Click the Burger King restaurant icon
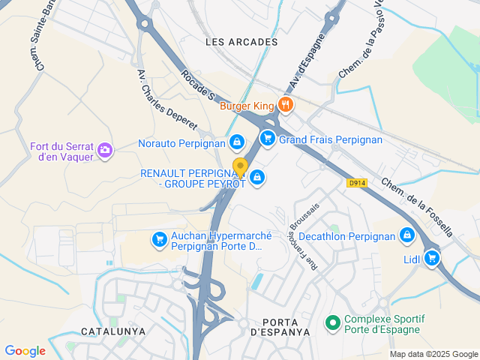(x=284, y=105)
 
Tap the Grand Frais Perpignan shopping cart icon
(x=268, y=138)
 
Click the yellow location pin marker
(x=240, y=166)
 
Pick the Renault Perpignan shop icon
(x=257, y=177)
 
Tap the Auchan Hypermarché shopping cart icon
(x=159, y=239)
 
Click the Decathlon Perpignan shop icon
(x=406, y=235)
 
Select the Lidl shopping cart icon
(x=431, y=258)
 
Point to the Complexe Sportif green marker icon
(x=332, y=323)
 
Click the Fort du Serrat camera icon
(x=105, y=150)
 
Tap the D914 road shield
(x=357, y=182)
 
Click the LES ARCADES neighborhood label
(x=241, y=42)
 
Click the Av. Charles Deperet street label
(x=166, y=99)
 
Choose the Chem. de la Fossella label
(x=416, y=208)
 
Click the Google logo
(x=25, y=351)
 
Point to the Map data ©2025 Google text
(x=433, y=355)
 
